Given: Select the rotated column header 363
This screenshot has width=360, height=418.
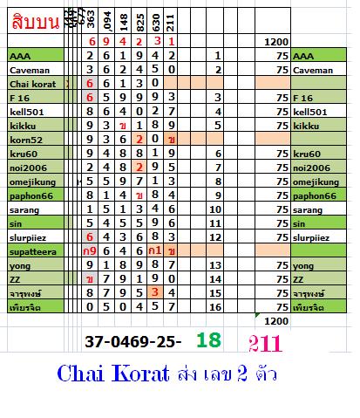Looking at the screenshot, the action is tap(92, 20).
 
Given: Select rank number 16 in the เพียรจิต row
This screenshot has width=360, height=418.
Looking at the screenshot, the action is tap(216, 306).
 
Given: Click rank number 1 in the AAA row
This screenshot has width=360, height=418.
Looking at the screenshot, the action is tap(216, 55).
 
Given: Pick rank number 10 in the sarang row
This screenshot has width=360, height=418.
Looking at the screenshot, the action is tap(216, 209).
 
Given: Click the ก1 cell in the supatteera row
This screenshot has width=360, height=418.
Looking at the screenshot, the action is tap(154, 250).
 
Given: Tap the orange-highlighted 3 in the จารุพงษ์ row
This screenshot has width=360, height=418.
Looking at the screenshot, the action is tap(154, 292).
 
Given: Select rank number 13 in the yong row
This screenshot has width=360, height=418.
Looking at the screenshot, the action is tap(216, 264).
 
